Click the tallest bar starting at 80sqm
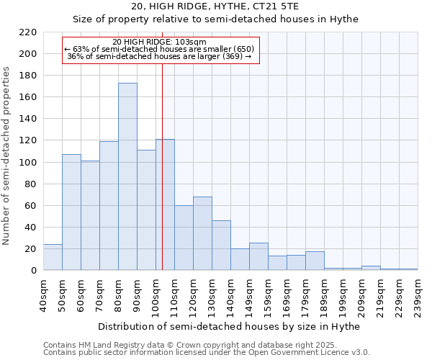pos(127,176)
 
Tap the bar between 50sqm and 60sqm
pos(71,212)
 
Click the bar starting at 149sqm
pos(258,256)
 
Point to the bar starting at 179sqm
pos(315,261)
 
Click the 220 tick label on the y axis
pos(28,32)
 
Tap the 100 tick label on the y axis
pos(28,163)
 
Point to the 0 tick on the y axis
pos(34,271)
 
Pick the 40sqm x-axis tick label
pos(44,294)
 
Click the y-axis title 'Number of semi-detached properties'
pos(7,156)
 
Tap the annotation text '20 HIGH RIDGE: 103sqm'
pos(160,42)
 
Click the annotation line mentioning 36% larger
pos(159,56)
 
